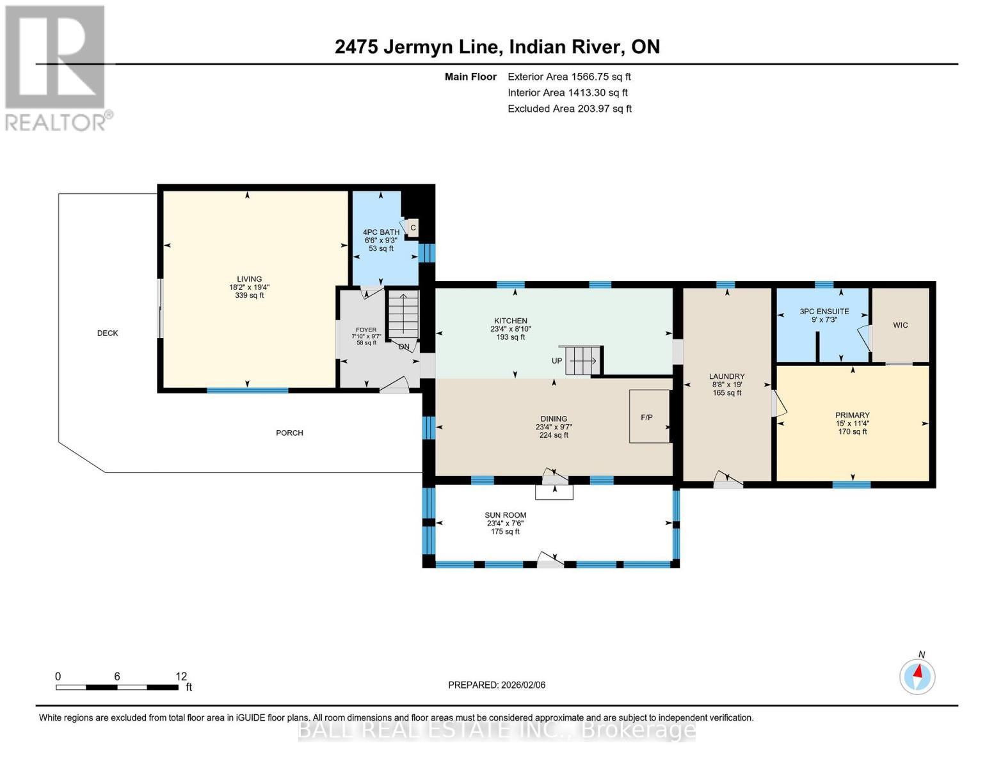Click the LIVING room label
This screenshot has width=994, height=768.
pos(249,279)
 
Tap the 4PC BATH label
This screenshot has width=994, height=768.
pos(381,232)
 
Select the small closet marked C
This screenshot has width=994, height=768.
pos(413,227)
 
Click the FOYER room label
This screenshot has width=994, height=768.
pos(366,330)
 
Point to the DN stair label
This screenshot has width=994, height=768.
pos(404,347)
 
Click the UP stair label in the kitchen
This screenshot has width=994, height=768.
pos(557,361)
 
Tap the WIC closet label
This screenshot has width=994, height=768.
pos(900,325)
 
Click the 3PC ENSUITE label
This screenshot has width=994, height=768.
pos(824,312)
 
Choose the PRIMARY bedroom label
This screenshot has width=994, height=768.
pos(852,415)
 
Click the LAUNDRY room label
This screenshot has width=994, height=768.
pos(726,376)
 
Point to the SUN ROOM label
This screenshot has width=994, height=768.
pos(505,515)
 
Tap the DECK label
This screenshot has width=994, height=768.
pos(108,333)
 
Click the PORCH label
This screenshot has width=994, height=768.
pos(289,433)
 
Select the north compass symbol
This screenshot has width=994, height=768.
pos(917,676)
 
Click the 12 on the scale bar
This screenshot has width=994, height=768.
pos(181,676)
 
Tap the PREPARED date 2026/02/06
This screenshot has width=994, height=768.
pos(496,685)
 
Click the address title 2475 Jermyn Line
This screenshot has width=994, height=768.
pos(497,47)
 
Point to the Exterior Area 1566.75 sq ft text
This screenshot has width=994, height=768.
pos(569,77)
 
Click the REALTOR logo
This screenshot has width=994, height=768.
pos(56,68)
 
